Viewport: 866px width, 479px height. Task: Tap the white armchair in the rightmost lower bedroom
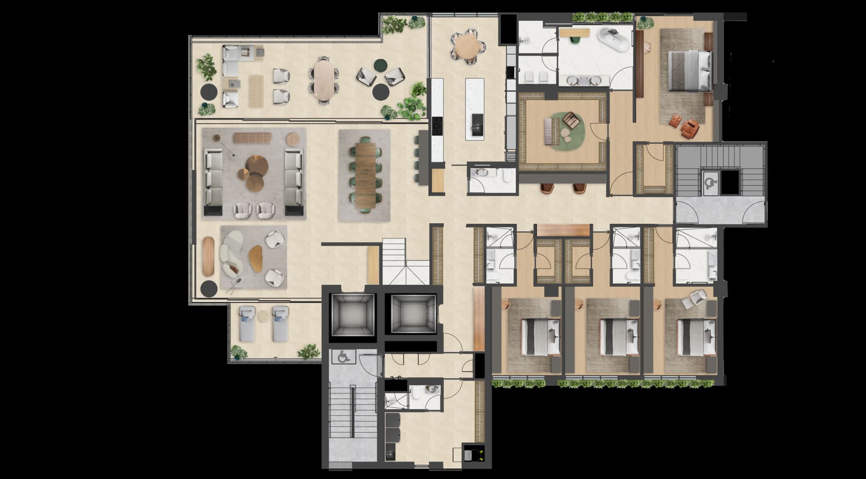point(695,299)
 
